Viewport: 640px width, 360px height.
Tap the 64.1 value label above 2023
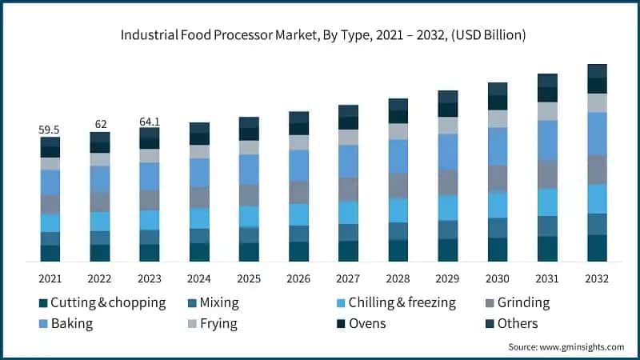[x=150, y=122]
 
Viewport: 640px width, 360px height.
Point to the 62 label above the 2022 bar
[x=100, y=125]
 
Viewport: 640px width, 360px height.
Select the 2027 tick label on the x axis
[x=348, y=279]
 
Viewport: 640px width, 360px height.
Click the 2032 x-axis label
[x=597, y=279]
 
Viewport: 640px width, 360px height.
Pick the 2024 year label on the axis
[x=199, y=279]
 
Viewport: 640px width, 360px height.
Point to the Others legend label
[x=517, y=323]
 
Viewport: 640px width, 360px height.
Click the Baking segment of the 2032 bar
[x=597, y=133]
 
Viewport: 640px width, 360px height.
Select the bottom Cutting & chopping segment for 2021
[x=50, y=253]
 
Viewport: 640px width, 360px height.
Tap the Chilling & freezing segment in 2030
[x=498, y=204]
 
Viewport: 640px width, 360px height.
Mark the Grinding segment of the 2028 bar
[x=398, y=186]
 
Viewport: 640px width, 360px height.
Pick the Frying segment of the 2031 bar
[x=547, y=111]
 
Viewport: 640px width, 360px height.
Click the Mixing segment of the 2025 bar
[x=249, y=235]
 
